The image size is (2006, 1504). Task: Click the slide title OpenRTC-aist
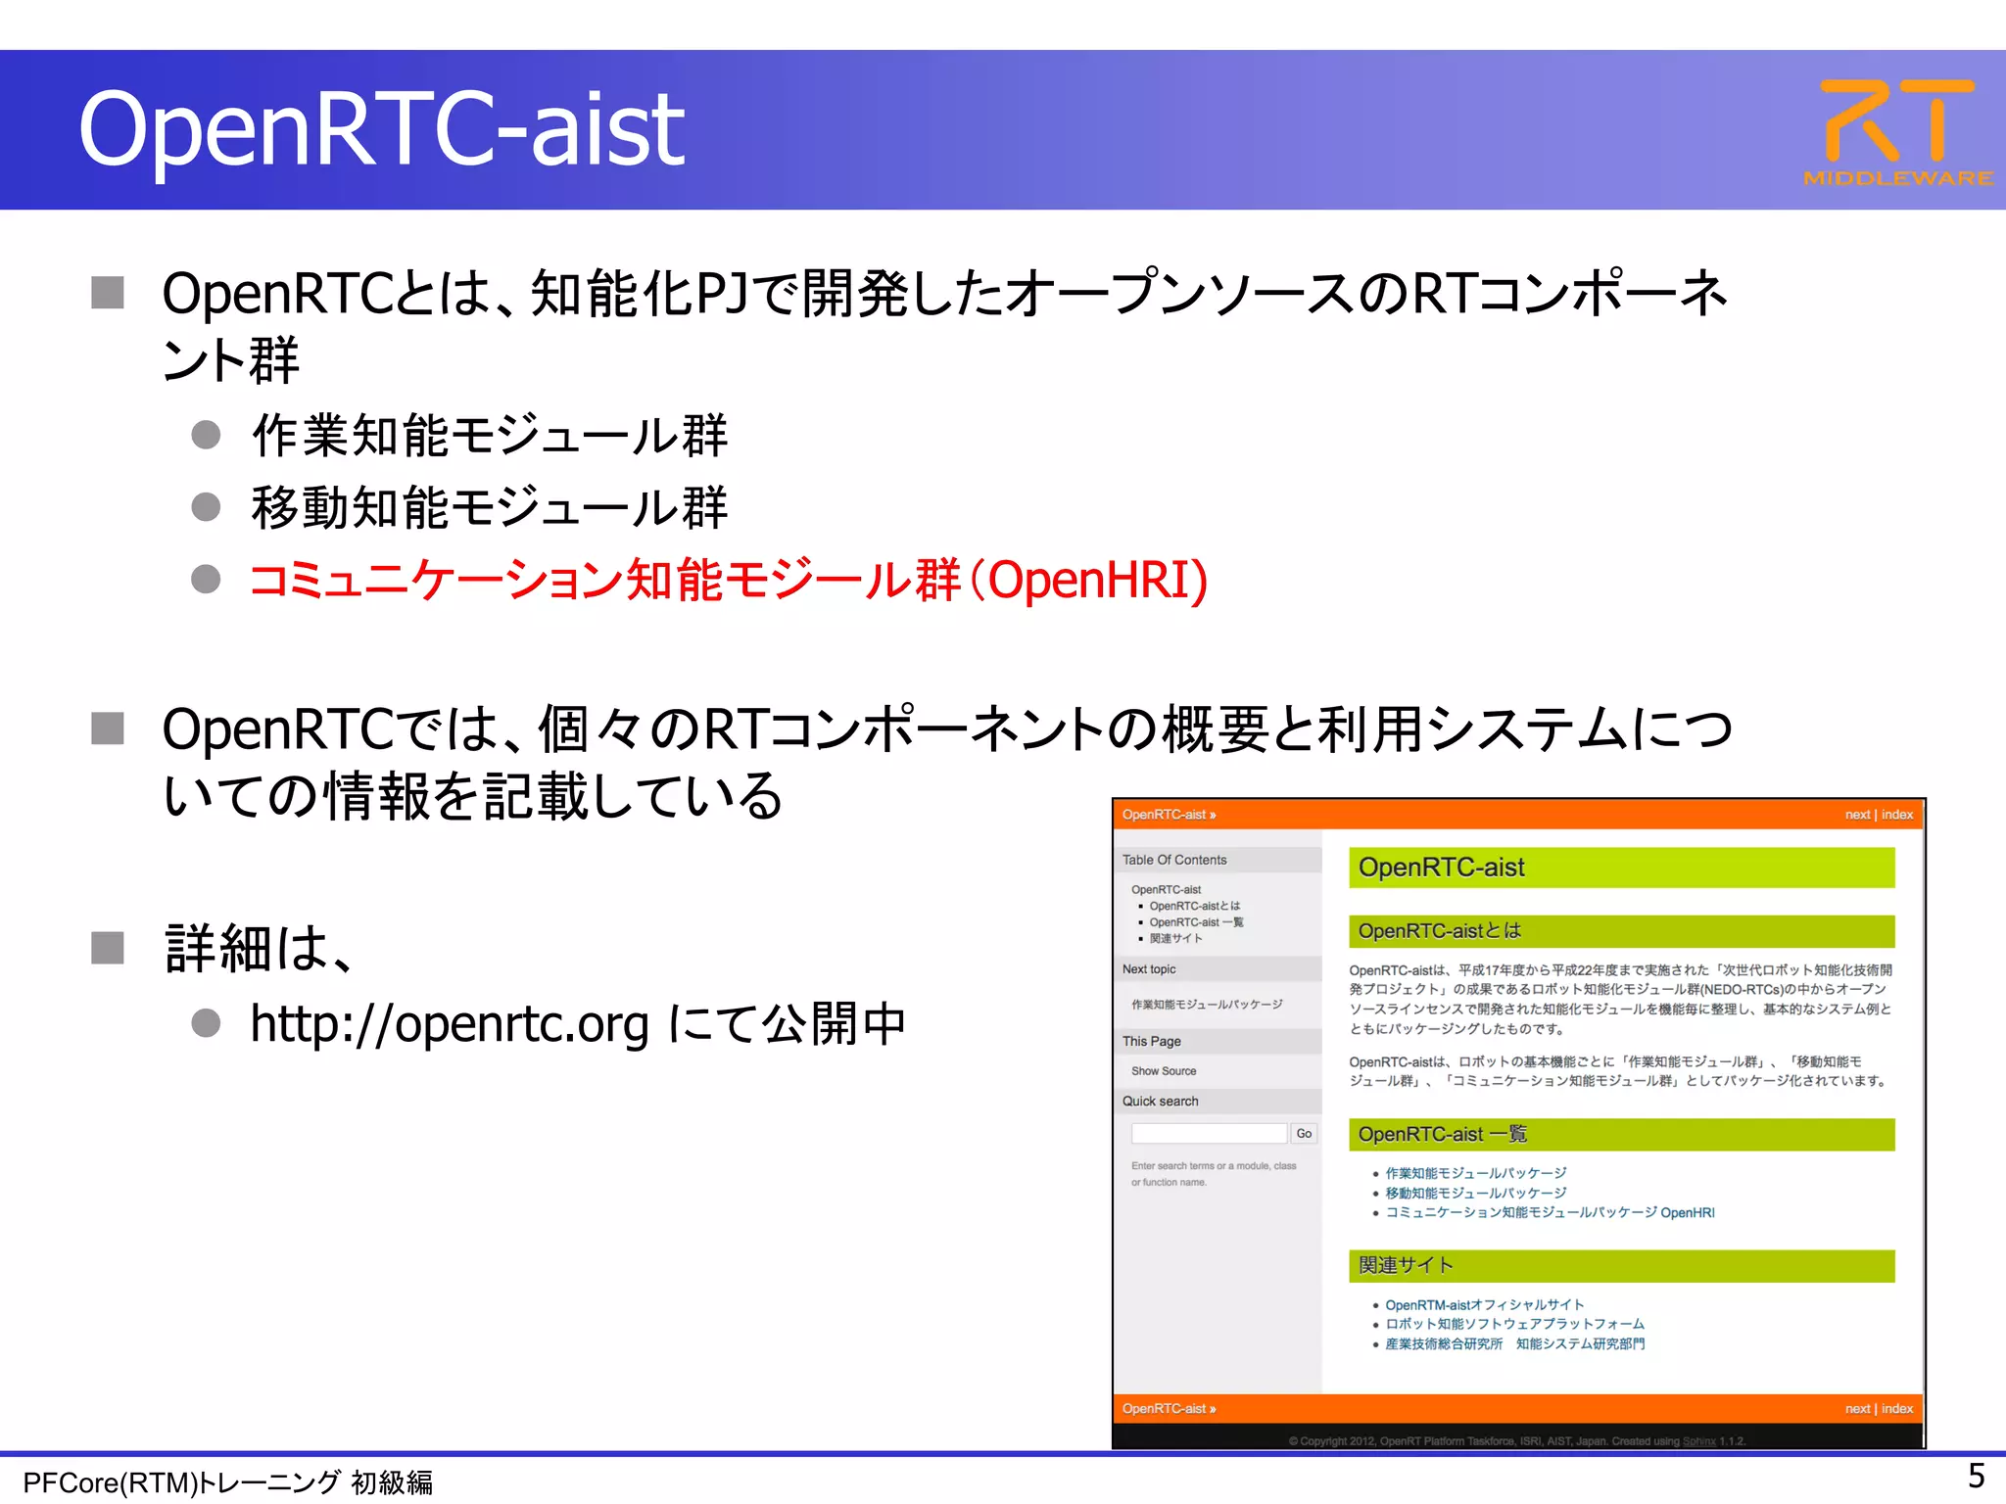click(382, 129)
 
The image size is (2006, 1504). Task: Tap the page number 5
click(1976, 1476)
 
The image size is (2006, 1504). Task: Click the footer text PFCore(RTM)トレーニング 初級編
click(227, 1482)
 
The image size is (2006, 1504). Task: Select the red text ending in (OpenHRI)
click(729, 580)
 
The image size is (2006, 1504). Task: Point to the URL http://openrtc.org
click(450, 1024)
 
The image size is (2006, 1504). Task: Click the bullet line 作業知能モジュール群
click(490, 436)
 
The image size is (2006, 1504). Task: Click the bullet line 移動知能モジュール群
click(490, 508)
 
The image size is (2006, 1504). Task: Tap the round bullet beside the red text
click(206, 579)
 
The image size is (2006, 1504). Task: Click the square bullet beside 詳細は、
click(108, 948)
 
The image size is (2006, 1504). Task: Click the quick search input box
click(1209, 1133)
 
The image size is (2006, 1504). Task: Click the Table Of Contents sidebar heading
click(1174, 860)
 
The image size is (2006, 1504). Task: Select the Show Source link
click(1164, 1071)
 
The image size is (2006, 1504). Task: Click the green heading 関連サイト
click(1406, 1265)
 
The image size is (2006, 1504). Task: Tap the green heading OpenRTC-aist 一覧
click(1442, 1134)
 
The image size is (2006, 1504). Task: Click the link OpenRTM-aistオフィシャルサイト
click(1484, 1304)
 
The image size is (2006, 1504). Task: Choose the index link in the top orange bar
click(1897, 815)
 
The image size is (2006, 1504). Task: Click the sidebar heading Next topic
click(1149, 969)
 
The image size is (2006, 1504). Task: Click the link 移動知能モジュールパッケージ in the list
click(1475, 1193)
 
